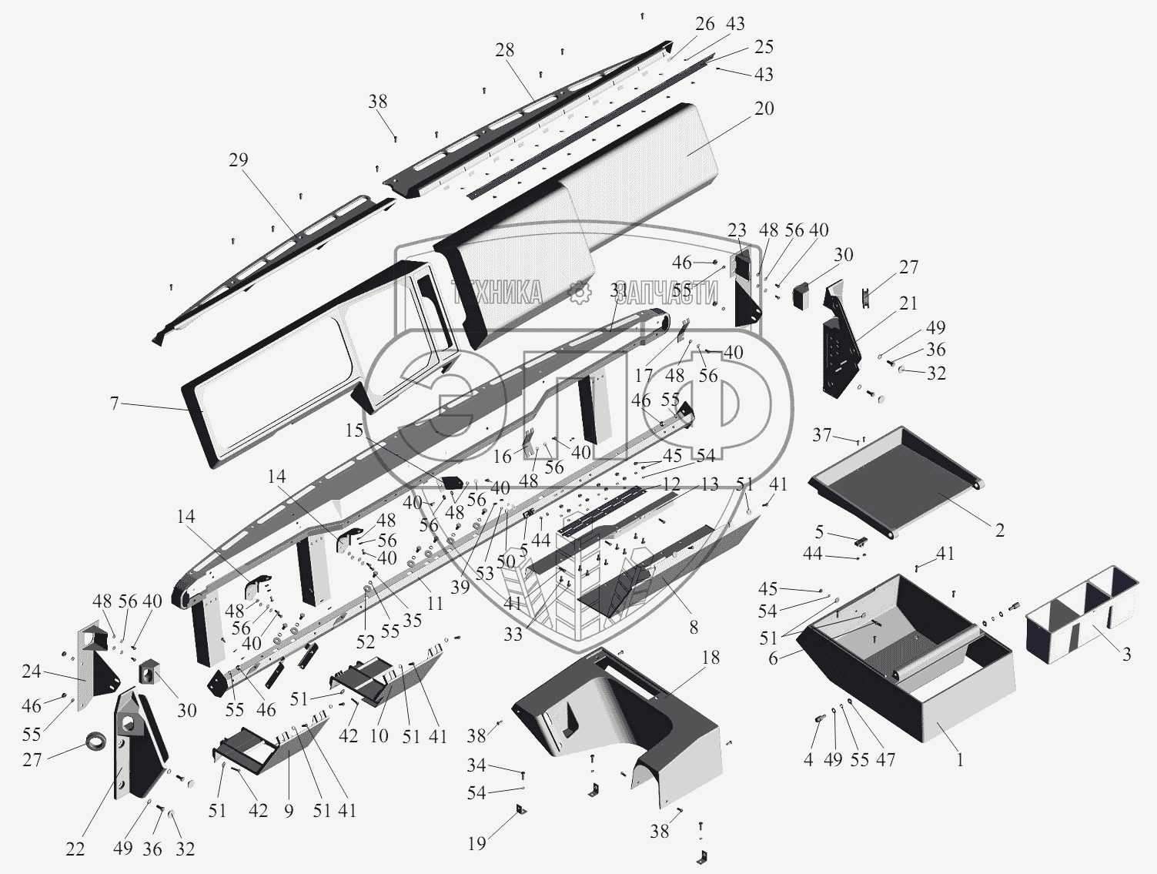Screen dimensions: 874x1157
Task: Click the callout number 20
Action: click(x=764, y=109)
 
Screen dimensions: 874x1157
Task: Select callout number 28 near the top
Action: click(x=505, y=52)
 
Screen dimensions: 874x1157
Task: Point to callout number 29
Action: click(x=239, y=160)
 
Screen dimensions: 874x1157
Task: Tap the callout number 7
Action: click(x=114, y=403)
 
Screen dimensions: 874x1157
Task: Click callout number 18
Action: click(x=710, y=657)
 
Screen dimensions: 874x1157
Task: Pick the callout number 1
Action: click(x=959, y=759)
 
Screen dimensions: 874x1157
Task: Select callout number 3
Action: click(x=1126, y=655)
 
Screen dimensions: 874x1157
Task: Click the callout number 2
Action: click(x=999, y=530)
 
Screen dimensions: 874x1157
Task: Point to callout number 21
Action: click(x=908, y=303)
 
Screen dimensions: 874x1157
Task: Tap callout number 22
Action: click(x=75, y=849)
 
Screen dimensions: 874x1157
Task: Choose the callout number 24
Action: click(x=31, y=671)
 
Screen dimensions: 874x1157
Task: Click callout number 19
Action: click(x=477, y=842)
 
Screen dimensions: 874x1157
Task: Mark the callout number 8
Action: click(x=694, y=628)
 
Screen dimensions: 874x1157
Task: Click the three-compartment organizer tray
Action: click(x=1082, y=608)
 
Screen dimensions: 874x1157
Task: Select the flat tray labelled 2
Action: click(x=897, y=477)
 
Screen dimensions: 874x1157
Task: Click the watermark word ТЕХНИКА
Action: click(x=497, y=292)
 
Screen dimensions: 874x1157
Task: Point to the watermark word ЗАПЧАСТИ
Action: click(x=667, y=293)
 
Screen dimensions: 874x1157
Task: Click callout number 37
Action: click(x=822, y=435)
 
